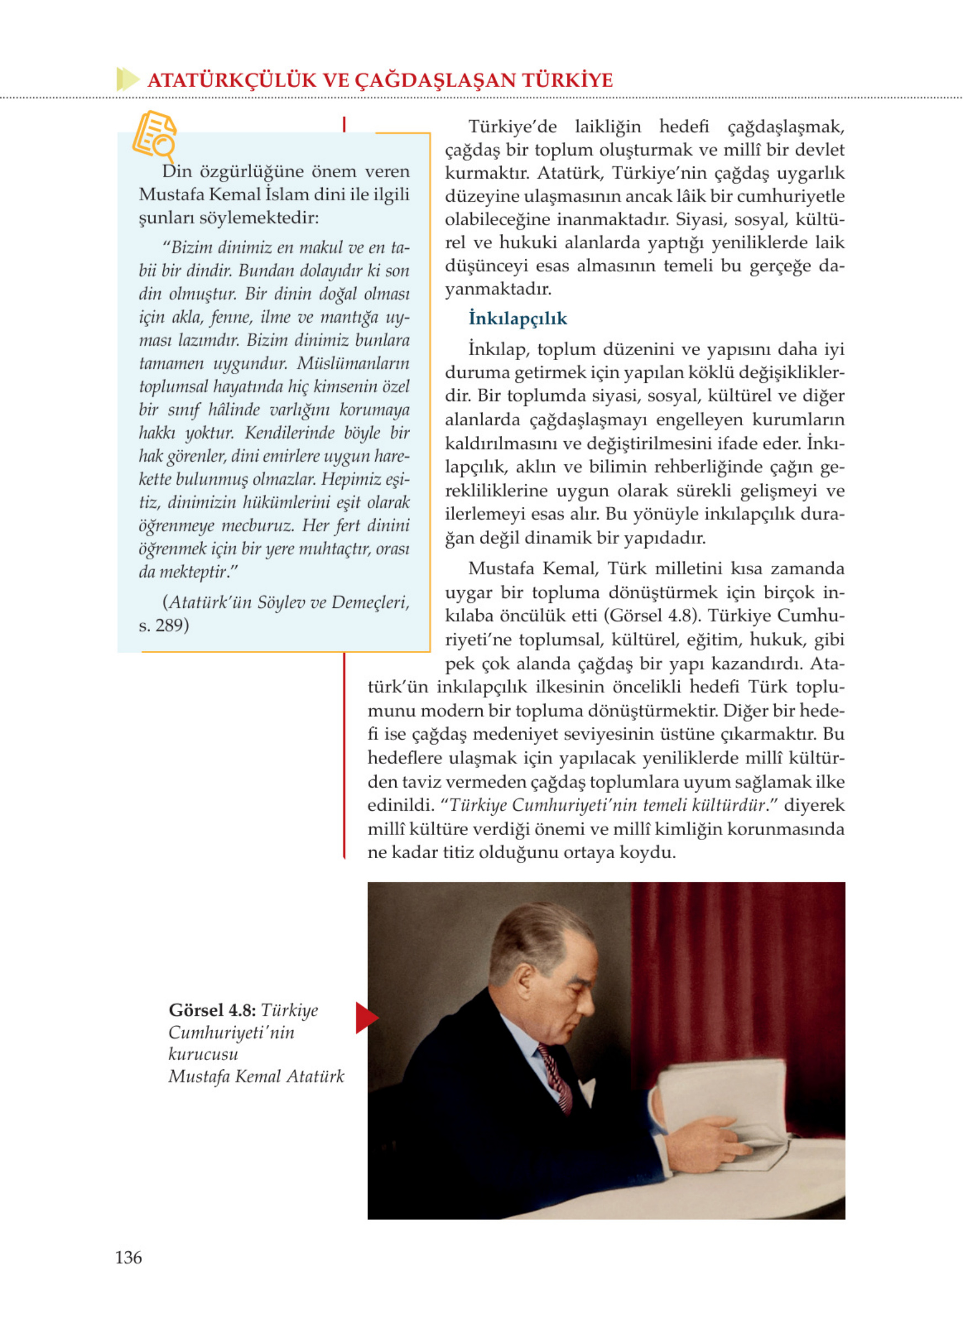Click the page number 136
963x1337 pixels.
[129, 1257]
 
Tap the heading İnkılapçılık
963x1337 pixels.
[517, 319]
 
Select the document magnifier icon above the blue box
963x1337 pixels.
[155, 136]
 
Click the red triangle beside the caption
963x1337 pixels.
[366, 1018]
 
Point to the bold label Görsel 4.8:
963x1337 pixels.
[212, 1010]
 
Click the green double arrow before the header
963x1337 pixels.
[127, 79]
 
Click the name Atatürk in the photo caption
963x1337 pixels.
[315, 1077]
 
